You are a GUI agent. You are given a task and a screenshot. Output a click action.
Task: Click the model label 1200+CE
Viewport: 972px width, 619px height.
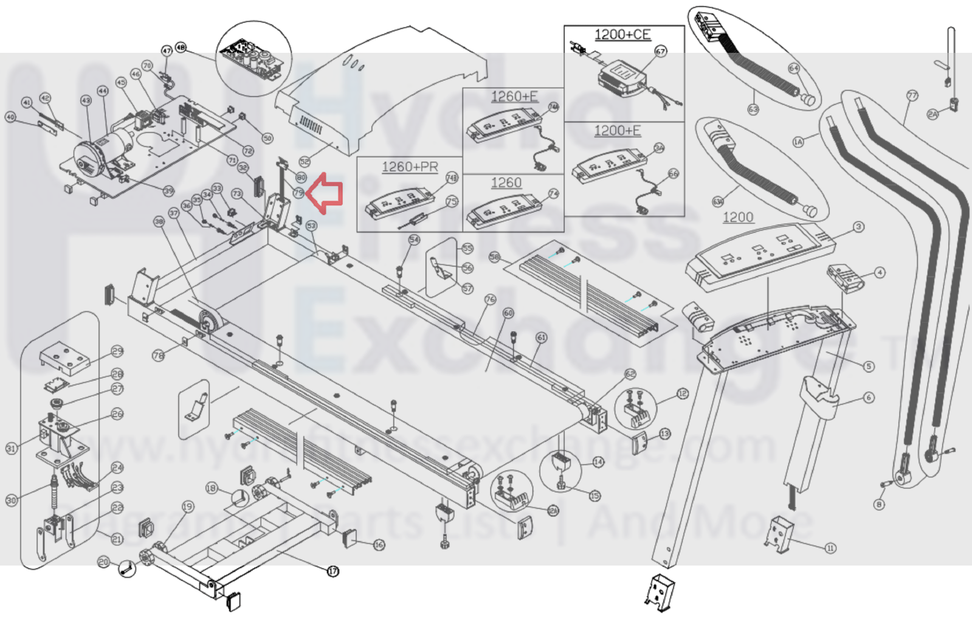pyautogui.click(x=622, y=35)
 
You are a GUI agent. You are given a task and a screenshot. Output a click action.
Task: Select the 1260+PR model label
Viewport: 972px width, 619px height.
pyautogui.click(x=409, y=167)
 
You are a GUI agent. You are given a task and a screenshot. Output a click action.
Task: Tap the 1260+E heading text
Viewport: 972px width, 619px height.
pyautogui.click(x=514, y=96)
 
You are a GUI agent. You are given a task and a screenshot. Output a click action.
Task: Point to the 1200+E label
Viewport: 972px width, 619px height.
pyautogui.click(x=617, y=131)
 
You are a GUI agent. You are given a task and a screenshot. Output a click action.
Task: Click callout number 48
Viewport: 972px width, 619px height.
pyautogui.click(x=181, y=47)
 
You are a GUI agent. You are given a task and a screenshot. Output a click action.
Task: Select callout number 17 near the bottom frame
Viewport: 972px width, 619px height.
pyautogui.click(x=333, y=571)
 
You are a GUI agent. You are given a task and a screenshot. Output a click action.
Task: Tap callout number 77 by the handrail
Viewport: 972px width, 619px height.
pyautogui.click(x=912, y=95)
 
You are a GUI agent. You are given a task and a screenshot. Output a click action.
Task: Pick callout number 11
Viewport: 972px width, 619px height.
pyautogui.click(x=830, y=548)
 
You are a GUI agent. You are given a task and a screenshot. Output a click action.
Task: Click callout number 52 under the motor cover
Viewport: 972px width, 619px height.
pyautogui.click(x=305, y=162)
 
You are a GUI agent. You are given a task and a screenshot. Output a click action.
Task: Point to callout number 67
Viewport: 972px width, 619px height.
pyautogui.click(x=661, y=52)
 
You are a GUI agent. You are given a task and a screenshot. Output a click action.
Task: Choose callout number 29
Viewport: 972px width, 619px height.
pyautogui.click(x=117, y=351)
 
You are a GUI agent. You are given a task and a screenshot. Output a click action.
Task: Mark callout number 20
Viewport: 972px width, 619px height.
pyautogui.click(x=103, y=562)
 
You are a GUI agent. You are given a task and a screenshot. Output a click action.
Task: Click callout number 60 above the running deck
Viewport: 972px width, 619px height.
pyautogui.click(x=508, y=313)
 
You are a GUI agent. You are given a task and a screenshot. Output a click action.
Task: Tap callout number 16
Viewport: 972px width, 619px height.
pyautogui.click(x=379, y=544)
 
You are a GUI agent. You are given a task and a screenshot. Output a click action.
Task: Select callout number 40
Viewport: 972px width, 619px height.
pyautogui.click(x=10, y=117)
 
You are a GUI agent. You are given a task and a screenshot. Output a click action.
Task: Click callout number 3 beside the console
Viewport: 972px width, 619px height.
pyautogui.click(x=858, y=227)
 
